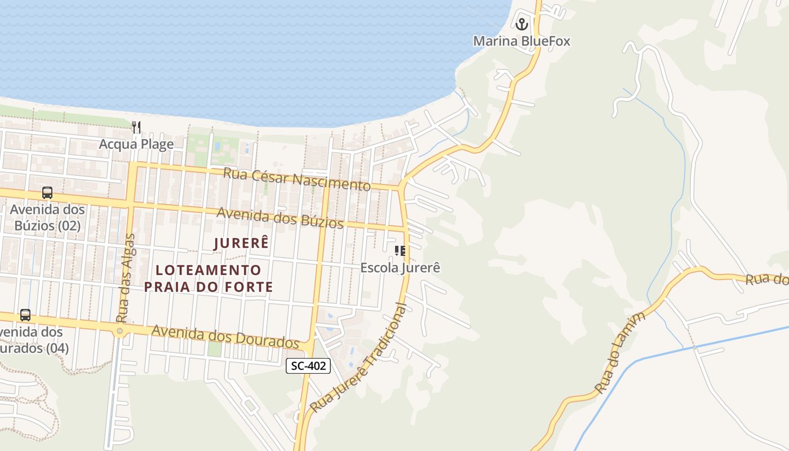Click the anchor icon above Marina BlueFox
[521, 24]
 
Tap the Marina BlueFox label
[521, 41]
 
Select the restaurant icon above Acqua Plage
[136, 127]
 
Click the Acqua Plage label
[136, 144]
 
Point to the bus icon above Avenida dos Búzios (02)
[47, 193]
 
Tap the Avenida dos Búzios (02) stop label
[47, 218]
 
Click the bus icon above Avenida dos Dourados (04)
[25, 315]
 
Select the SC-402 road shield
[308, 366]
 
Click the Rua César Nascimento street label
[297, 179]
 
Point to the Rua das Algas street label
[125, 278]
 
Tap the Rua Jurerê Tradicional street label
[359, 359]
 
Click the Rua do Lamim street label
[620, 353]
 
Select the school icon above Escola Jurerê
[400, 251]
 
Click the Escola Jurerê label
[400, 267]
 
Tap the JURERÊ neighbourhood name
[242, 244]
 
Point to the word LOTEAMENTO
[209, 271]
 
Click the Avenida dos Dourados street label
[225, 336]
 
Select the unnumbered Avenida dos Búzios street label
[280, 218]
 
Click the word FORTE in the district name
[250, 287]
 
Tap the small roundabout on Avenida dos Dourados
[119, 331]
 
